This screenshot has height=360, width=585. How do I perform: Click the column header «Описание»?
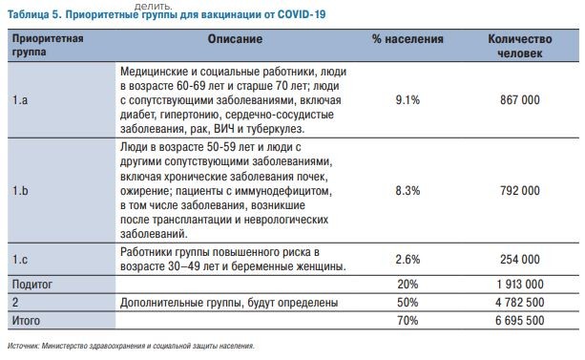pos(235,39)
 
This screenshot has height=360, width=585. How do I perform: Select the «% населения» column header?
pos(407,39)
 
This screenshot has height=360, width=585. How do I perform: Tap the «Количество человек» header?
pos(520,46)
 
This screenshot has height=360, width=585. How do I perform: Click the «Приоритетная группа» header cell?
pos(48,45)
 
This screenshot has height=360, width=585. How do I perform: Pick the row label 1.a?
pos(20,100)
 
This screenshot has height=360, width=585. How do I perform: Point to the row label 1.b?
pos(20,191)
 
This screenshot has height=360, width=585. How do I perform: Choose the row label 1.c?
pos(20,260)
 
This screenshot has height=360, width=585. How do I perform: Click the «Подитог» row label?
pos(32,285)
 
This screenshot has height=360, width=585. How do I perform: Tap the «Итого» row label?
pos(26,321)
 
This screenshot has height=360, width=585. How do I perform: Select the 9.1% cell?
pos(407,100)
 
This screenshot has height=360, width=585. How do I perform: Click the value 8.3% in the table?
pos(407,191)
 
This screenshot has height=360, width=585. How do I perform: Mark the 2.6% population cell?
pos(407,260)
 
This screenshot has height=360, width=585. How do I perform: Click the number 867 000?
pos(520,100)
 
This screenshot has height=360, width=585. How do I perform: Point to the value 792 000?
pos(520,191)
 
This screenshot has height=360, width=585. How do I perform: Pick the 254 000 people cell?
pos(520,260)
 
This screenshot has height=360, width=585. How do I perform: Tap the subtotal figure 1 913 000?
pos(520,285)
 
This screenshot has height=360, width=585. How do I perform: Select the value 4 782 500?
pos(520,303)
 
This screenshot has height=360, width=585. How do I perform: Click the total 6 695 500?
pos(520,321)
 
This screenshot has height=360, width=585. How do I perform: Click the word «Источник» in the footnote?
pos(23,347)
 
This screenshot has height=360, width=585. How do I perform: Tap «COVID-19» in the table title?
pos(302,14)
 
